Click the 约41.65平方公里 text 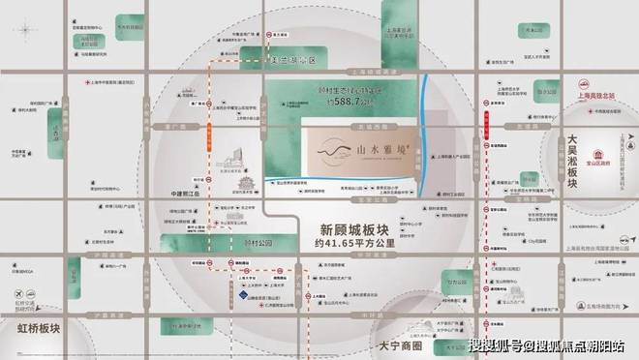click(x=354, y=248)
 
